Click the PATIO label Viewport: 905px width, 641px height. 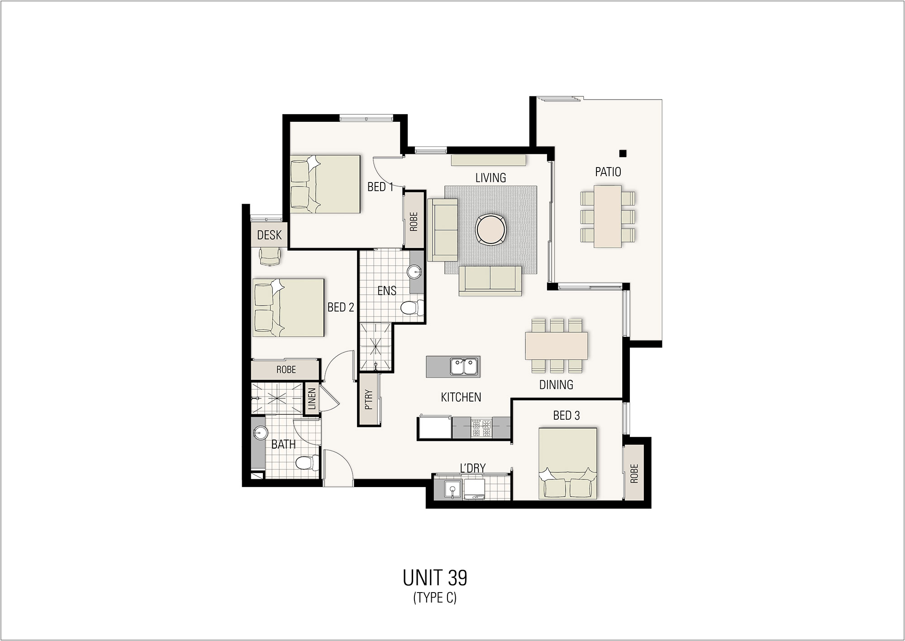pyautogui.click(x=608, y=172)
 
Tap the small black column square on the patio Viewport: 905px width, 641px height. pyautogui.click(x=623, y=153)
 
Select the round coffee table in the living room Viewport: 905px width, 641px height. pyautogui.click(x=491, y=230)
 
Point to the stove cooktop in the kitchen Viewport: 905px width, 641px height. pyautogui.click(x=481, y=428)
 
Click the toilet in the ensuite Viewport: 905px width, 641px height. pyautogui.click(x=410, y=308)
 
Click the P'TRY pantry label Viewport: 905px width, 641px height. pyautogui.click(x=369, y=400)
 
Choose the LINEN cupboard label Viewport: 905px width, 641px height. pyautogui.click(x=312, y=398)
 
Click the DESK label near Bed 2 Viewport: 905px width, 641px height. pyautogui.click(x=269, y=235)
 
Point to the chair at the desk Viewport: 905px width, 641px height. pyautogui.click(x=269, y=257)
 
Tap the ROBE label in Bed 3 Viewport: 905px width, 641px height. pyautogui.click(x=633, y=474)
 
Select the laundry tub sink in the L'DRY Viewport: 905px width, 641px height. pyautogui.click(x=451, y=490)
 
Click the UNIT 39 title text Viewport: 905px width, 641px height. pyautogui.click(x=435, y=578)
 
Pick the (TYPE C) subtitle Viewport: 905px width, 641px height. pyautogui.click(x=435, y=598)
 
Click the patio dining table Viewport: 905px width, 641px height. pyautogui.click(x=608, y=216)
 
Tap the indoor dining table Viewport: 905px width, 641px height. pyautogui.click(x=556, y=346)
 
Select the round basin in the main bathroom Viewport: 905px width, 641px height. pyautogui.click(x=259, y=433)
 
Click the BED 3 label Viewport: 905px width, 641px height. pyautogui.click(x=566, y=415)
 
